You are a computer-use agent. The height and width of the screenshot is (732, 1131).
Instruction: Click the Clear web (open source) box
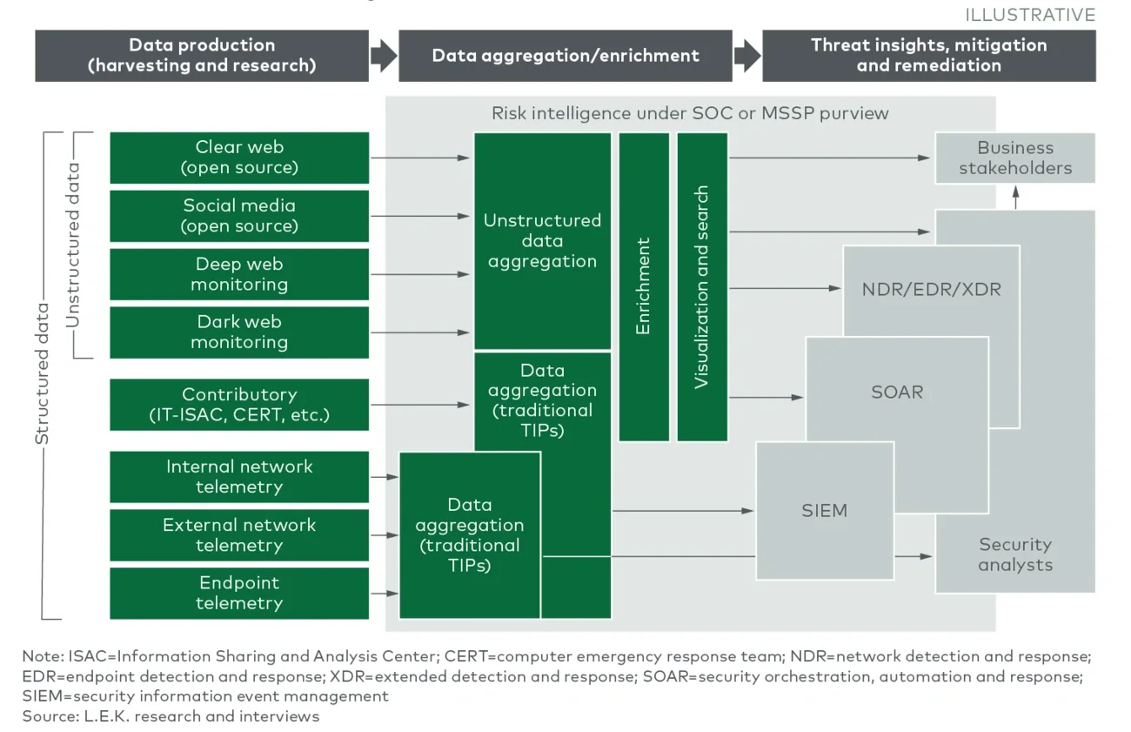(239, 158)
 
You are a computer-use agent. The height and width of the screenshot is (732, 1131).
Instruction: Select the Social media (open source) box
(239, 216)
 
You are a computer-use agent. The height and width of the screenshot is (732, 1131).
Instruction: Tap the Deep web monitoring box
(239, 274)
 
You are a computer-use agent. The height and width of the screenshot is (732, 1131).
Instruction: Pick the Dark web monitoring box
(239, 332)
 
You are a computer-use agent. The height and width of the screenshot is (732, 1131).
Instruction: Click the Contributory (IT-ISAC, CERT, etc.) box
(239, 405)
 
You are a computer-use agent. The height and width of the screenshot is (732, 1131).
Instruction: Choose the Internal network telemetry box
(239, 477)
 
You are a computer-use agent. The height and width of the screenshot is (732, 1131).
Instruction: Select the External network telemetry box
(239, 535)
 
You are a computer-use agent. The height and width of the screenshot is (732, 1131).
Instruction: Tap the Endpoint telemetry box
(239, 593)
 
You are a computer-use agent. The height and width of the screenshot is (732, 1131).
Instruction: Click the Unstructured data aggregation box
(542, 241)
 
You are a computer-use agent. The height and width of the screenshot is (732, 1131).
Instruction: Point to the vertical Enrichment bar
(644, 286)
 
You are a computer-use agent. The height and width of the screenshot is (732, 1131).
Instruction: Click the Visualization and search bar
(702, 286)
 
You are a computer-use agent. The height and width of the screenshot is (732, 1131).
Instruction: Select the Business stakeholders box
(1014, 158)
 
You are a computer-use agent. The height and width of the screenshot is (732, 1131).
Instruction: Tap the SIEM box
(824, 510)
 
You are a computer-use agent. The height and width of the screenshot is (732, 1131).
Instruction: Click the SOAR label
(897, 392)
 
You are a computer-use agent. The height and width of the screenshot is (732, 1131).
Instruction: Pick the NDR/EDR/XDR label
(931, 290)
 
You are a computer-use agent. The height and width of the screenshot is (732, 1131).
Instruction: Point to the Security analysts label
(1014, 554)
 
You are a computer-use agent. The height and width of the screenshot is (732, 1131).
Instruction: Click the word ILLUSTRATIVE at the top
(1030, 15)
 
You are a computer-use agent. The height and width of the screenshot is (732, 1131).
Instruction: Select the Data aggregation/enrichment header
(565, 56)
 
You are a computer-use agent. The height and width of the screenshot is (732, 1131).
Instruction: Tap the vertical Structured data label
(42, 375)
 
